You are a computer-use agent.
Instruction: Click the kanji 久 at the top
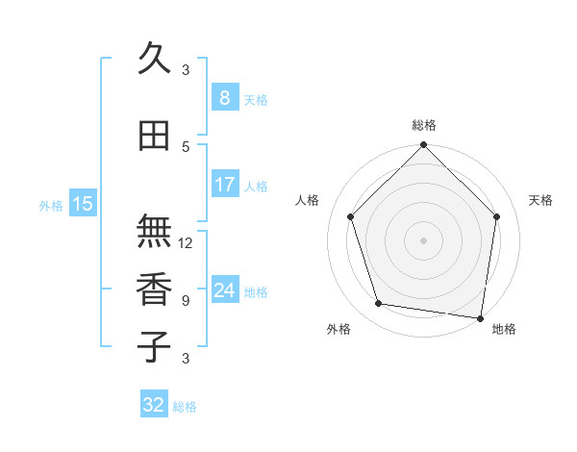point(154,60)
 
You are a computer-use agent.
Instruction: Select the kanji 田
point(154,137)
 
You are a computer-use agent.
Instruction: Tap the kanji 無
point(154,232)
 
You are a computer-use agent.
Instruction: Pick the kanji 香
point(154,289)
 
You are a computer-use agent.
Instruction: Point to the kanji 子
point(154,347)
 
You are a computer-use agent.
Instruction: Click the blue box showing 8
point(225,98)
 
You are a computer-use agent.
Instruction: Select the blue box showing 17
point(225,185)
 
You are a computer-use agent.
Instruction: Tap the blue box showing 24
point(225,290)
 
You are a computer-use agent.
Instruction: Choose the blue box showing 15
point(83,203)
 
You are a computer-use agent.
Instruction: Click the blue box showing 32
point(154,405)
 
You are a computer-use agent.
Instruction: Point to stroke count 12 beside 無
point(187,242)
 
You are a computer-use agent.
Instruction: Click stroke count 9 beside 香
point(186,300)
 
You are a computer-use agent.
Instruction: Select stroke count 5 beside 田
point(186,146)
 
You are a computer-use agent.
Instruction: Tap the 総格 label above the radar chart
point(424,125)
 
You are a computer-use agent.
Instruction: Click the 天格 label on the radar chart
point(541,200)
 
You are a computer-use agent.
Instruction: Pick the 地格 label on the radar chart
point(504,329)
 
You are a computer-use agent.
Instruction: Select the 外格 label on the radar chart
point(339,329)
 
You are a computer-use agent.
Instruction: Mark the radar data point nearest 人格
point(351,217)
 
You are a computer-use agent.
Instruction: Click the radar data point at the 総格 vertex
point(423,146)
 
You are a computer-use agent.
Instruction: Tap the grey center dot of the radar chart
point(423,239)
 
